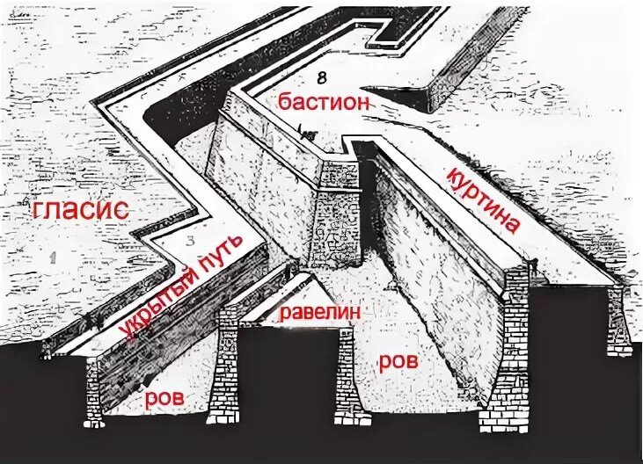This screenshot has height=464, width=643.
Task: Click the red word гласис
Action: tap(80, 211)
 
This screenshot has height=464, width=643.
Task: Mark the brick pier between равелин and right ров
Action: tap(348, 369)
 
